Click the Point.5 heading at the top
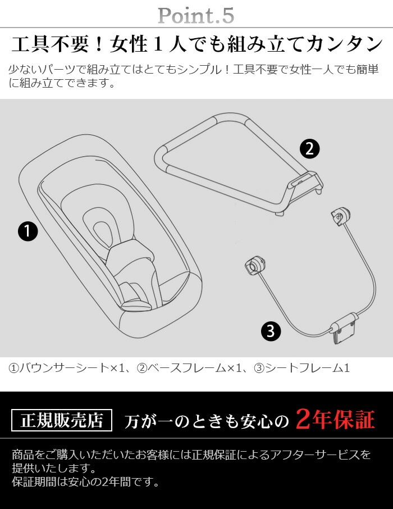196,15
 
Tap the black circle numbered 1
28,231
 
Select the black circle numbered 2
309,149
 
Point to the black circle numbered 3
271,331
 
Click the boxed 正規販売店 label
62,420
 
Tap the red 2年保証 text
335,420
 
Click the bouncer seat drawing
111,237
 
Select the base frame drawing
239,164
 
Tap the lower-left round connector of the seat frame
255,265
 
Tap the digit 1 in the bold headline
158,45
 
